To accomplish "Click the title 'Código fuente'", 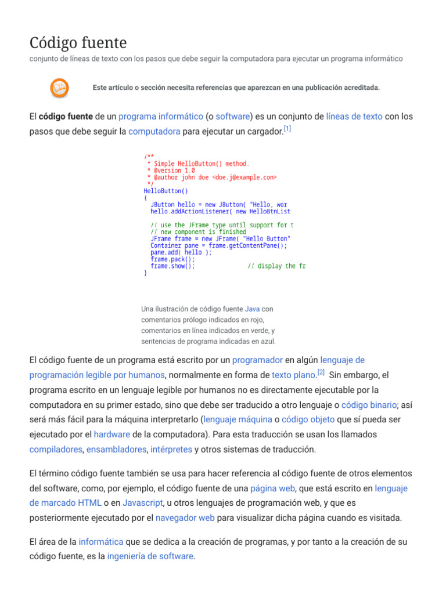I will click(78, 43).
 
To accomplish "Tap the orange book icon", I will click(59, 88).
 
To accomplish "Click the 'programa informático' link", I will click(161, 116).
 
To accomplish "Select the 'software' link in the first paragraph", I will click(232, 116).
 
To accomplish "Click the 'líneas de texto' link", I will click(354, 116).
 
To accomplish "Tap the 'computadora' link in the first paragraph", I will click(154, 131).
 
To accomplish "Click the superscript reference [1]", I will click(287, 128).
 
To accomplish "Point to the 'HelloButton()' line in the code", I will click(166, 191).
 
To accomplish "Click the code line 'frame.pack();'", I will click(172, 259).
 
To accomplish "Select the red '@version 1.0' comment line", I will click(171, 171).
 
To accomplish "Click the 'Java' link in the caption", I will click(252, 309).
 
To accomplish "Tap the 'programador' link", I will click(257, 360).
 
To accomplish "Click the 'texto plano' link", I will click(293, 375).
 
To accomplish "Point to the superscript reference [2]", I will click(321, 372).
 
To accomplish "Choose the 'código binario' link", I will click(368, 405).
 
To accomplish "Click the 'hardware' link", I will click(111, 434).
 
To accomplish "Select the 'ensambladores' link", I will click(116, 449).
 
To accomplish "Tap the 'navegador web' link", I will click(185, 517).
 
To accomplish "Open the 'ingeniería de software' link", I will click(150, 556).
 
